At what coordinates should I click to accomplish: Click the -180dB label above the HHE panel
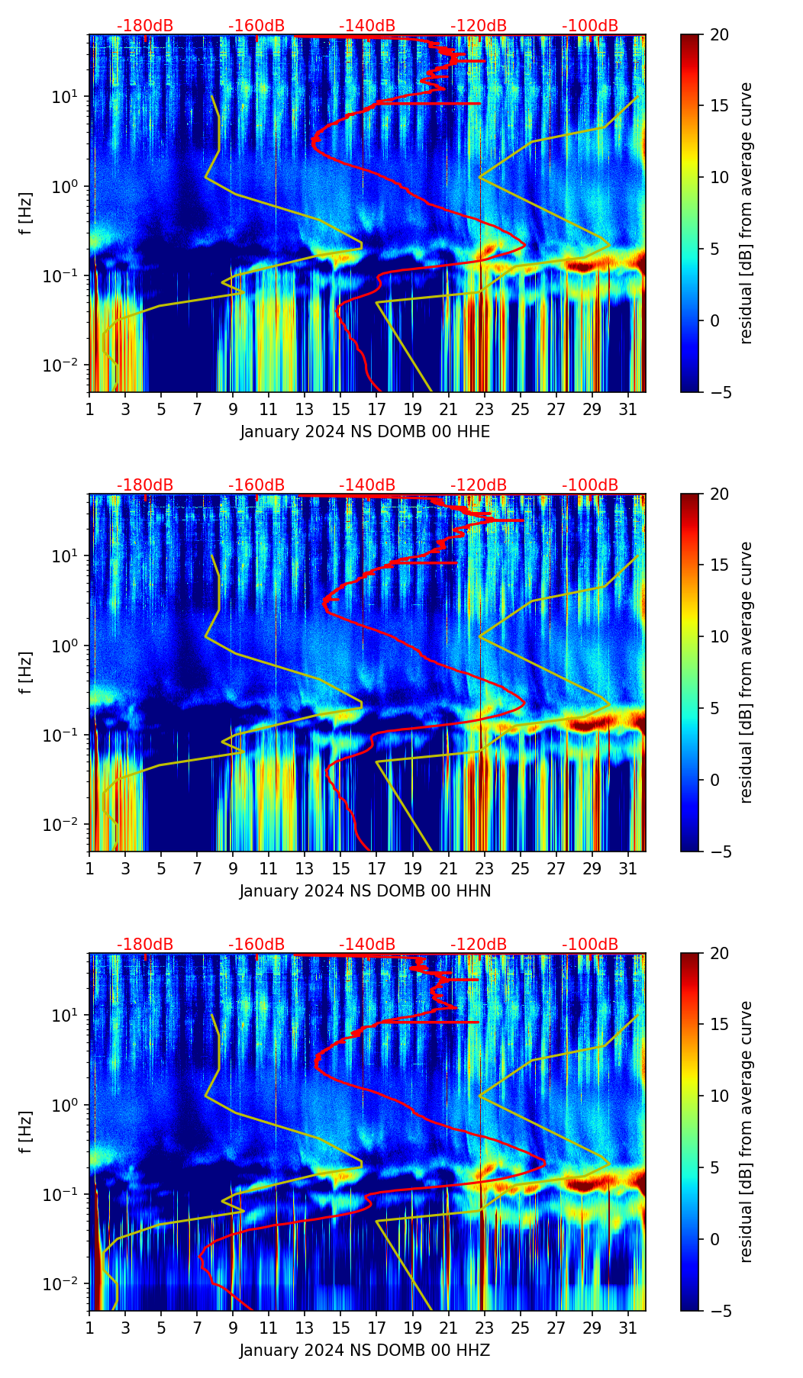tap(145, 26)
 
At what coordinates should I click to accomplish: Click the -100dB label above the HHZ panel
tap(590, 945)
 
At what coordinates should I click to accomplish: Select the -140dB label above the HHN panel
tap(367, 485)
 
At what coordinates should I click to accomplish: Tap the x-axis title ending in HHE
tap(365, 432)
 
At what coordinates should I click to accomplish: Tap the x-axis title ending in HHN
tap(365, 891)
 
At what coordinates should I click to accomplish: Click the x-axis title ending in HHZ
tap(365, 1351)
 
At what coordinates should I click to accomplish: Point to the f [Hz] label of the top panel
tap(26, 214)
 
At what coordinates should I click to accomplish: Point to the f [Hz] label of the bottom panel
tap(26, 1132)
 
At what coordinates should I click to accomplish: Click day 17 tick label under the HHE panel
tap(377, 409)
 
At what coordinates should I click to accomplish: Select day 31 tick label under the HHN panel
tap(628, 868)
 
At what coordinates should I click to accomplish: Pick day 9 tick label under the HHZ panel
tap(233, 1328)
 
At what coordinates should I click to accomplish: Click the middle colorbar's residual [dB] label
tap(746, 672)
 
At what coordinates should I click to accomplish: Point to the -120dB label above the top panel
tap(479, 26)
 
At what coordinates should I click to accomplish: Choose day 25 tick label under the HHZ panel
tap(521, 1328)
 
